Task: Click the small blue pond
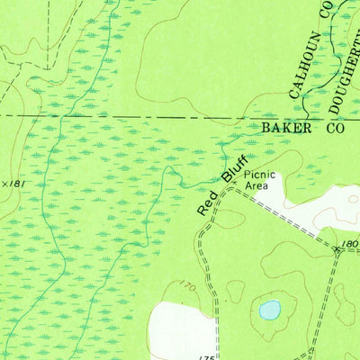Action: [269, 310]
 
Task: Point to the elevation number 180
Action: [349, 244]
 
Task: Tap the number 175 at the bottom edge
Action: [205, 355]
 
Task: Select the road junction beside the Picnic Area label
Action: [231, 189]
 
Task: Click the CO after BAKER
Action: [334, 129]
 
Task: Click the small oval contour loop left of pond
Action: [236, 290]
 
